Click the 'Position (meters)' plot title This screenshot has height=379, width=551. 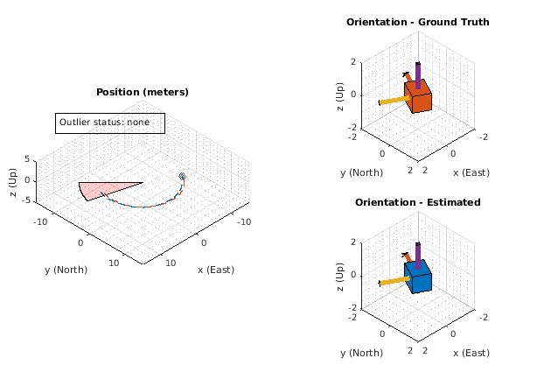(x=142, y=92)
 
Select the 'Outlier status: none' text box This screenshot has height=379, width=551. (x=110, y=123)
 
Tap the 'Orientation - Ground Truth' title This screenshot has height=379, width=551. (x=417, y=22)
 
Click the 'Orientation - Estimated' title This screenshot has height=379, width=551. (x=417, y=202)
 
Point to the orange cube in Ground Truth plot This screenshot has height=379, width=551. (x=419, y=98)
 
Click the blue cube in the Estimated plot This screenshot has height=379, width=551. (x=419, y=278)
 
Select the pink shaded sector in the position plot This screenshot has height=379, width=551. (x=105, y=189)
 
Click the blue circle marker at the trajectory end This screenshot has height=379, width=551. (x=182, y=177)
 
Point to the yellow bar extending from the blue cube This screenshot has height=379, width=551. (x=394, y=280)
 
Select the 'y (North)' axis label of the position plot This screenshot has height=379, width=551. (x=66, y=270)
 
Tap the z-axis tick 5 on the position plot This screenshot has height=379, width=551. (x=27, y=159)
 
